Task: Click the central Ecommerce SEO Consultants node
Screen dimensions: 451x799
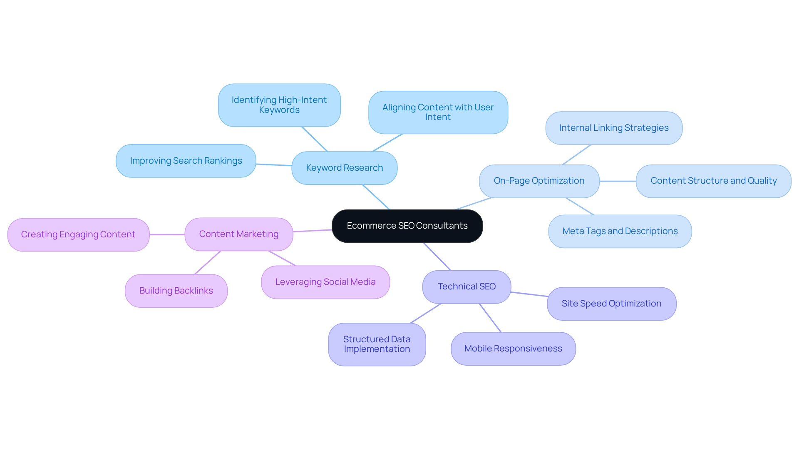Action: click(407, 226)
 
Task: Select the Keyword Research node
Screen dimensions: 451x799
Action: click(344, 168)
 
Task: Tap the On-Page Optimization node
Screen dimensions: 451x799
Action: click(539, 181)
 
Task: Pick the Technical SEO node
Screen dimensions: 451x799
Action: click(466, 287)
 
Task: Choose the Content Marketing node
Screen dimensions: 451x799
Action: click(238, 234)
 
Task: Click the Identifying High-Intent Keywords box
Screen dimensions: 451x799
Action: click(279, 105)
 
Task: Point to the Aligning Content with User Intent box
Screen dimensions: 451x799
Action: click(438, 112)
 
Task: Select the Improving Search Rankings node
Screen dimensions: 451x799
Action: click(186, 161)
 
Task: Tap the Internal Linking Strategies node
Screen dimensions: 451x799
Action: click(614, 128)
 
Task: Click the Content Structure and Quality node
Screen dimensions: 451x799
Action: click(713, 181)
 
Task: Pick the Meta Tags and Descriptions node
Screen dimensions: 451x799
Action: click(620, 231)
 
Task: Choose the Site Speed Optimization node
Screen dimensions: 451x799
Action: click(611, 304)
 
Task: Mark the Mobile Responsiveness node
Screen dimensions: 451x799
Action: click(513, 349)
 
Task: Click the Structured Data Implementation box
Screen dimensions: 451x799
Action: click(377, 344)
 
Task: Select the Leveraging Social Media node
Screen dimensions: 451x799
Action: click(325, 282)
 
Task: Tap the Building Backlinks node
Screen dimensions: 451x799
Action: click(176, 291)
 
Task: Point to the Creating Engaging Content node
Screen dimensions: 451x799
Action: click(78, 234)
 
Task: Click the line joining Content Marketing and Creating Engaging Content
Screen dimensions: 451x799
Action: click(167, 234)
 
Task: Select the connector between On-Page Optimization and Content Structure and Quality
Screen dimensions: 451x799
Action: click(618, 181)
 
